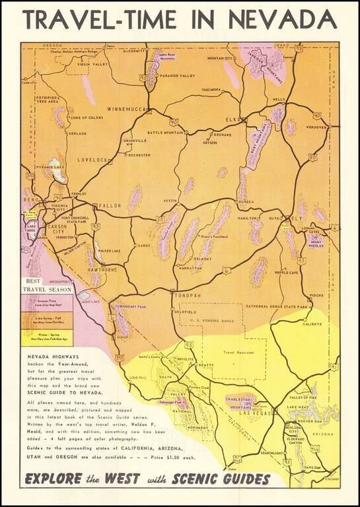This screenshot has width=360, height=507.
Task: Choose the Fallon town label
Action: [109, 206]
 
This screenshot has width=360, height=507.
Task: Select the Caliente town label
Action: [312, 324]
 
